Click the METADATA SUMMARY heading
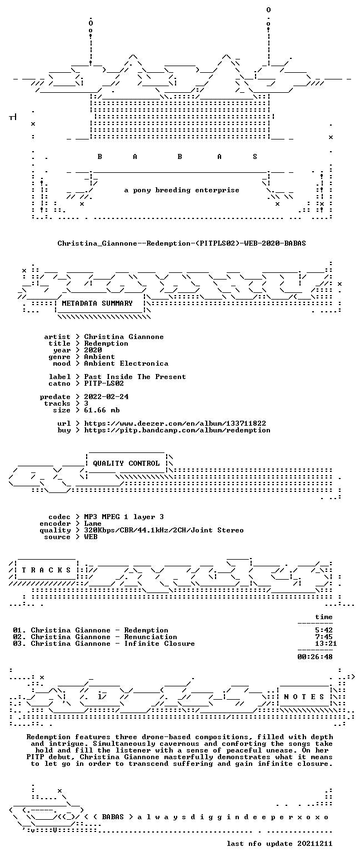(x=97, y=303)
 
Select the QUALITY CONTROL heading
(x=126, y=464)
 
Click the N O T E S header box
(x=304, y=697)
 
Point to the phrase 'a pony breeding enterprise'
(x=182, y=190)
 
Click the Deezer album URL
(x=175, y=423)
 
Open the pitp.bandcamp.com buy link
(x=177, y=430)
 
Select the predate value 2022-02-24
(x=107, y=397)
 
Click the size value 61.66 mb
(x=102, y=410)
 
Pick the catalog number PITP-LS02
(x=104, y=383)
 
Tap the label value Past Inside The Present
(x=135, y=377)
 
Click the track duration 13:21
(x=326, y=644)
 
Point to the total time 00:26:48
(x=315, y=657)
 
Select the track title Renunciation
(x=151, y=637)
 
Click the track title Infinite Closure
(x=159, y=644)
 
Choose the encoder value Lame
(x=93, y=524)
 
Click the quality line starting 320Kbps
(x=164, y=530)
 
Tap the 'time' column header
(x=324, y=617)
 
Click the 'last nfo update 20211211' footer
(x=279, y=844)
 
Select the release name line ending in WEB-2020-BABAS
(x=182, y=243)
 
